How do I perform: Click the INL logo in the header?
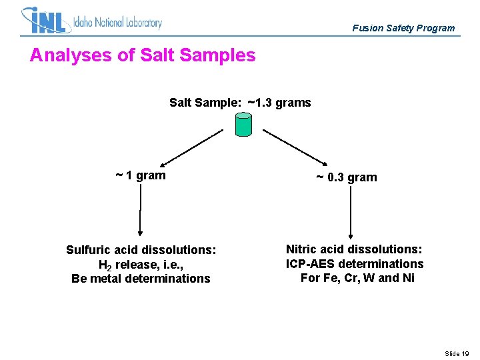45,21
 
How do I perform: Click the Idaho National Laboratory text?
118,23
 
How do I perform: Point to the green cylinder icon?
244,124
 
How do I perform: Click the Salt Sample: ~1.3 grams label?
240,103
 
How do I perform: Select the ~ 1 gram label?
140,175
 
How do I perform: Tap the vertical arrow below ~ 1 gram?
140,210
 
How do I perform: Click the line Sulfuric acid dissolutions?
141,250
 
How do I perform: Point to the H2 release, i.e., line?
141,265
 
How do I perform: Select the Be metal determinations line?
141,279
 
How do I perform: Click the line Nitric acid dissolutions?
354,249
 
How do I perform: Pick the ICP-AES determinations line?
354,264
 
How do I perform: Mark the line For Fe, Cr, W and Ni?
357,278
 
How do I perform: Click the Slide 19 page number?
457,353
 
